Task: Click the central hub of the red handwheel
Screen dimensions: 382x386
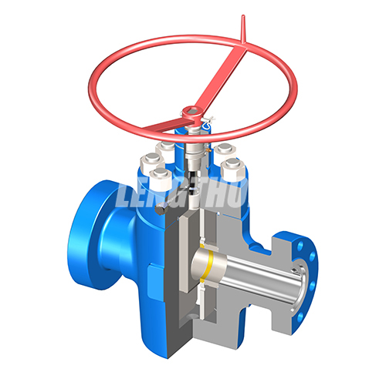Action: point(190,115)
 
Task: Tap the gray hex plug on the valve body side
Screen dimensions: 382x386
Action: point(158,209)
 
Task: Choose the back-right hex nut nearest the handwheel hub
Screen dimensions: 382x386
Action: point(221,148)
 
